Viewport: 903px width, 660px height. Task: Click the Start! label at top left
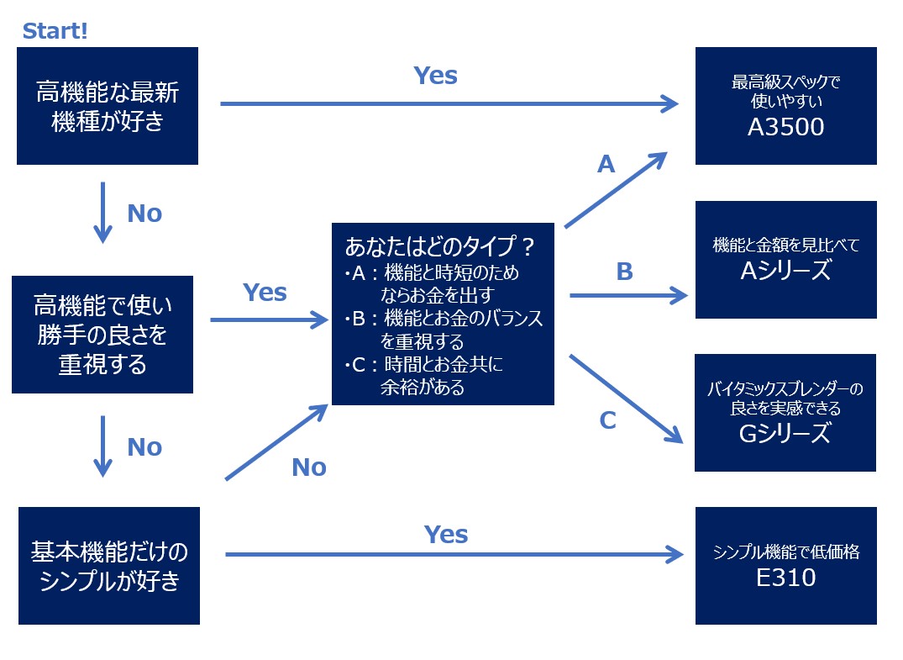click(55, 31)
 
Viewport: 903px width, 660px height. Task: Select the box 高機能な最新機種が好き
click(108, 106)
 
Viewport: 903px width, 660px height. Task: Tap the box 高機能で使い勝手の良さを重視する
click(102, 335)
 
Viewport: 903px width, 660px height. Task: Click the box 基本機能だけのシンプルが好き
click(109, 566)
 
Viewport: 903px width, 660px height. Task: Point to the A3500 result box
click(785, 106)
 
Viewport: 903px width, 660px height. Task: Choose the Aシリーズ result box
click(785, 260)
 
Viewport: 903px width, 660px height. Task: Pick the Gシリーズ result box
click(785, 413)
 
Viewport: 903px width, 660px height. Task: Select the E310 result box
click(785, 566)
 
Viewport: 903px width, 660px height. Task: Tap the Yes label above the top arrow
click(435, 76)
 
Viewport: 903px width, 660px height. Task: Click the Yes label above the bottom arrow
click(446, 534)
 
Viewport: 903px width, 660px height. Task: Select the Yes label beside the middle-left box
click(265, 293)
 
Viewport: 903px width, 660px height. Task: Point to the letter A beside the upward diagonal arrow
click(606, 165)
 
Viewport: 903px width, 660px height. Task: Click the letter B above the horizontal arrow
click(624, 272)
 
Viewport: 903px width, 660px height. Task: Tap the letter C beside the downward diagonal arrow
click(608, 420)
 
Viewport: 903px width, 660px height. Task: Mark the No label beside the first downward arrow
click(144, 214)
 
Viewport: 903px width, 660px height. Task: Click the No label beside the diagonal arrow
click(308, 467)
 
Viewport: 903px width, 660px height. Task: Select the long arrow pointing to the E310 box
click(454, 555)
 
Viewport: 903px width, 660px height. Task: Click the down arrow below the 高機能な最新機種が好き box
click(102, 212)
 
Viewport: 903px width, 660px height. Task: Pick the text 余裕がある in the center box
click(422, 388)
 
